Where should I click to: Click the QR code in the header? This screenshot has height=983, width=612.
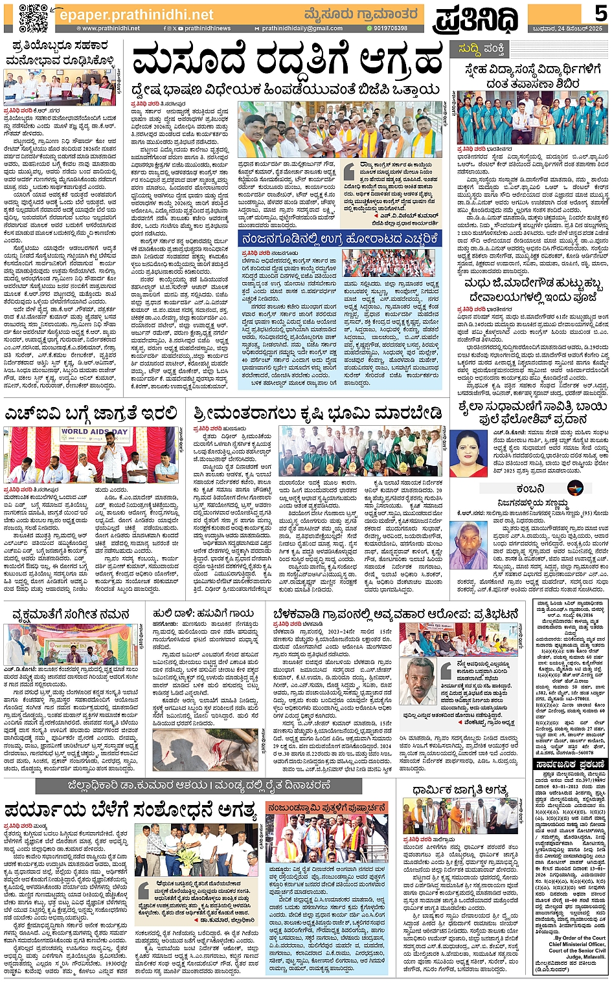click(x=32, y=17)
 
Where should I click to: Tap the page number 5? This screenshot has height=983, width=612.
click(x=600, y=13)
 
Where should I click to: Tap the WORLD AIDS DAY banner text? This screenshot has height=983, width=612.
click(x=95, y=432)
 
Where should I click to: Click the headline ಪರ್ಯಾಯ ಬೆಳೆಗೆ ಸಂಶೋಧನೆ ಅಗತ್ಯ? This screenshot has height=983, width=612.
click(x=130, y=810)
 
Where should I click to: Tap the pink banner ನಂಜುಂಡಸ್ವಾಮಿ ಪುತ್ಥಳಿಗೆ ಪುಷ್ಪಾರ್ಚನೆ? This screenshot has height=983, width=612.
click(x=327, y=808)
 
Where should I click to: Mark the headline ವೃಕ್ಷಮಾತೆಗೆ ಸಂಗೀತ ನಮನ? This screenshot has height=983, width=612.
click(x=68, y=613)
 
